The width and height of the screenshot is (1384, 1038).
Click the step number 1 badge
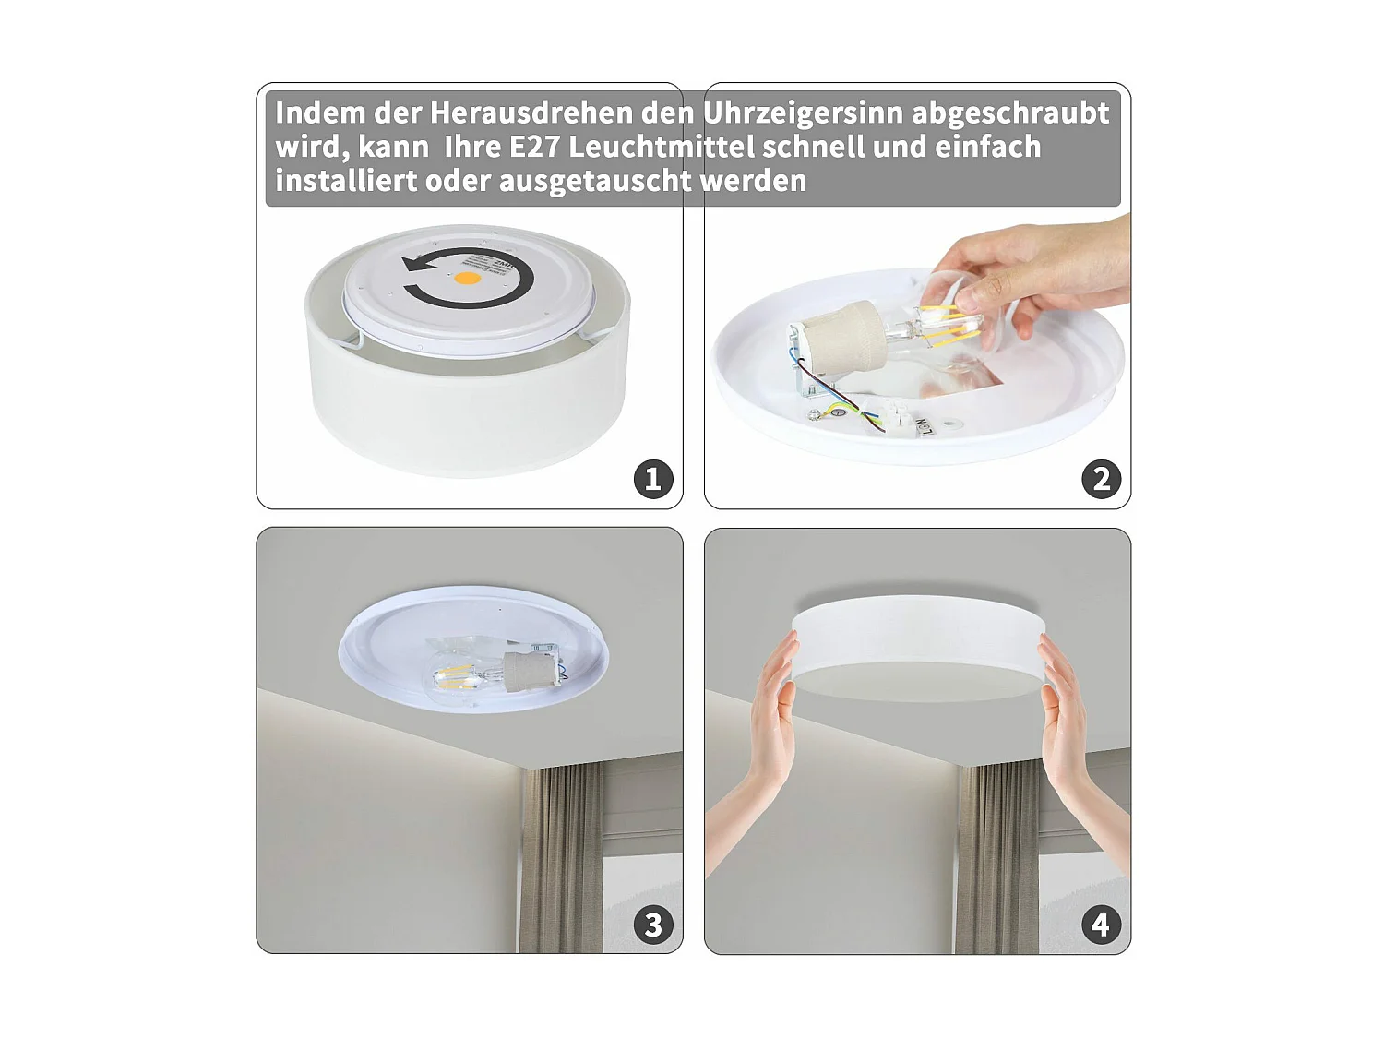pyautogui.click(x=653, y=479)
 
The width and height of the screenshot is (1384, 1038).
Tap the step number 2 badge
pyautogui.click(x=1101, y=479)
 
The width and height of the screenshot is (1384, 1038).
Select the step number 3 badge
pyautogui.click(x=653, y=925)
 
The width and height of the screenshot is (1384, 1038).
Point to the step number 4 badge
pyautogui.click(x=1101, y=925)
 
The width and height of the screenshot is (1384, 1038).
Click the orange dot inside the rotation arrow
pyautogui.click(x=469, y=277)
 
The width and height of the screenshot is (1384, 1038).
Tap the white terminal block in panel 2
pyautogui.click(x=901, y=421)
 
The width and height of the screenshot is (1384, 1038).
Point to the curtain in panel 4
pyautogui.click(x=996, y=858)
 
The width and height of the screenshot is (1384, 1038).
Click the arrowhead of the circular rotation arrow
pyautogui.click(x=414, y=267)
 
